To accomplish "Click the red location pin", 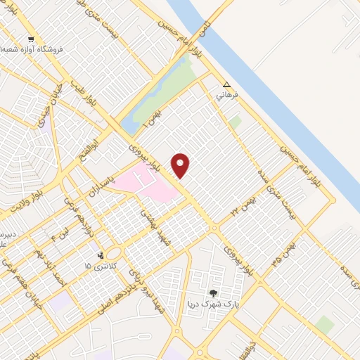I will pos(181,166).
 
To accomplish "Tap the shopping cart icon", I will pos(31,39).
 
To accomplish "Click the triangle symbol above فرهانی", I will pos(226,83).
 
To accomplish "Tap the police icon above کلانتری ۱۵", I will pos(101,255).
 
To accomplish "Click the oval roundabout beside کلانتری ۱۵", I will pos(115,253).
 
